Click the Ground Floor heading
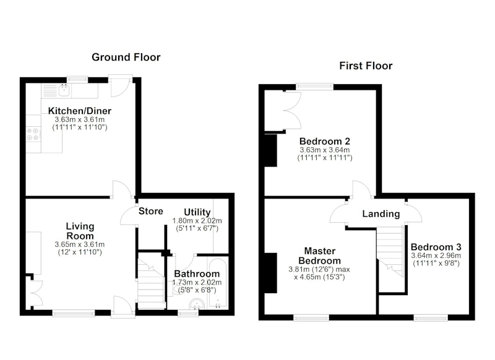(x=126, y=57)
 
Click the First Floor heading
(x=366, y=66)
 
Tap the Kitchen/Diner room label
(x=80, y=111)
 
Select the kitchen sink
(x=64, y=90)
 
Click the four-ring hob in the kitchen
(x=33, y=134)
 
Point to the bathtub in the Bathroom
(x=218, y=283)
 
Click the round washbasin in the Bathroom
(x=197, y=304)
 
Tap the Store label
(x=151, y=211)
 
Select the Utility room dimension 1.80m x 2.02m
(x=197, y=221)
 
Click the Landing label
(x=381, y=214)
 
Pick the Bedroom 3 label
(x=436, y=247)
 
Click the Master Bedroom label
(x=319, y=256)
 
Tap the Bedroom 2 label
(x=324, y=141)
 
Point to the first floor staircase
(x=390, y=251)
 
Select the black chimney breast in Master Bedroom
(x=270, y=273)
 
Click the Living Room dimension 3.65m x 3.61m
(x=80, y=244)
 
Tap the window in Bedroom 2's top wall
(x=314, y=87)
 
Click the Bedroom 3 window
(x=431, y=317)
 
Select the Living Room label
(x=80, y=231)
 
